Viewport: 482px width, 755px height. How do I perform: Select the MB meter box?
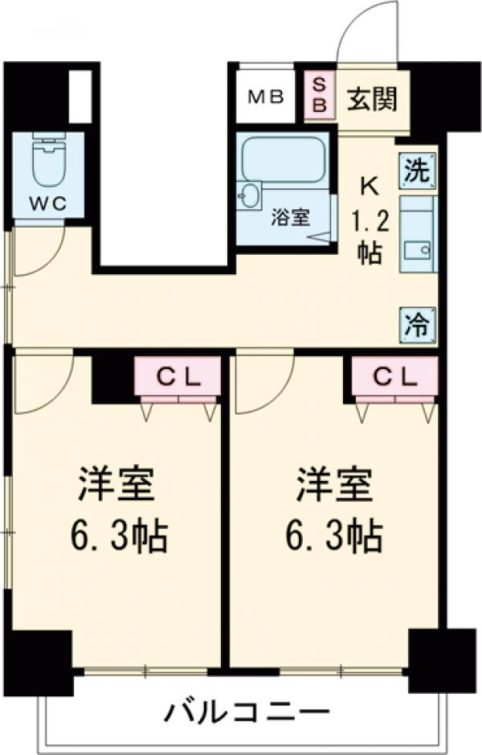265,97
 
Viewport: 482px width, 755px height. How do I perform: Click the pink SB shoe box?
319,95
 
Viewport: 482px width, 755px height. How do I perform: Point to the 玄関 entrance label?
371,100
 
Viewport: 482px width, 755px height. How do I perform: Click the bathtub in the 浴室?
283,158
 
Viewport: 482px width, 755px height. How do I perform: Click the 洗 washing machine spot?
419,170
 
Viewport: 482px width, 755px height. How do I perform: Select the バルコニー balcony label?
248,711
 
